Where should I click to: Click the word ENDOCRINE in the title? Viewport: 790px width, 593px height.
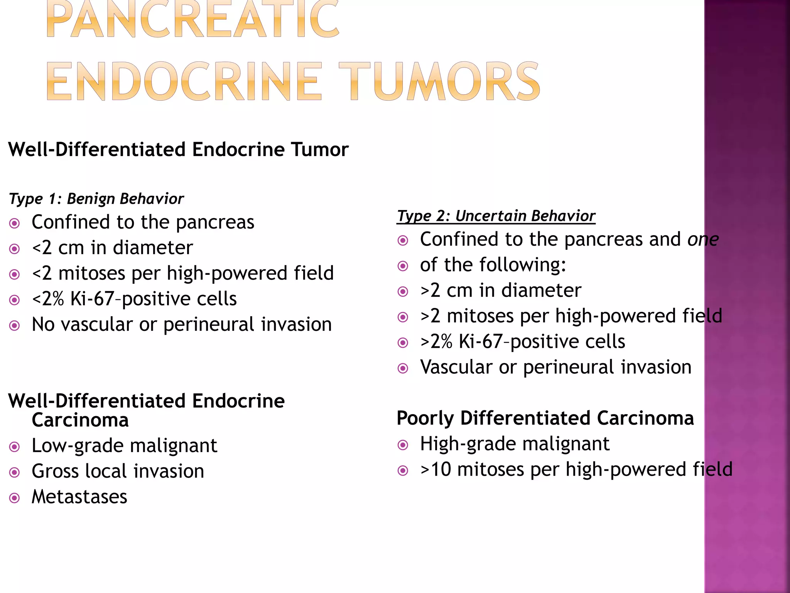(184, 82)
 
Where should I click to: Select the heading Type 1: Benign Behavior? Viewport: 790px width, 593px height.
(96, 199)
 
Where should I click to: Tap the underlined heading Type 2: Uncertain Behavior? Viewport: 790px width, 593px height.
(496, 216)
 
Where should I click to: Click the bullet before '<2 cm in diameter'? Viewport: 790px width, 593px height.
(15, 249)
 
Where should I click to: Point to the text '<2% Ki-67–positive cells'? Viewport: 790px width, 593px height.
(134, 299)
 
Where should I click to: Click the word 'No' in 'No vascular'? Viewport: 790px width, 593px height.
(43, 324)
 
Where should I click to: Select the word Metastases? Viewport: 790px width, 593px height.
(79, 497)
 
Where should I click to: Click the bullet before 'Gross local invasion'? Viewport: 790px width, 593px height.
(15, 472)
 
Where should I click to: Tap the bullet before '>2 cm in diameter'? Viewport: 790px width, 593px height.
(403, 291)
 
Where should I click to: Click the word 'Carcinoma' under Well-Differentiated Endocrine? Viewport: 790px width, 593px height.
(80, 420)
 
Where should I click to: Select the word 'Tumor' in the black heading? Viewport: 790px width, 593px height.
(319, 150)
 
